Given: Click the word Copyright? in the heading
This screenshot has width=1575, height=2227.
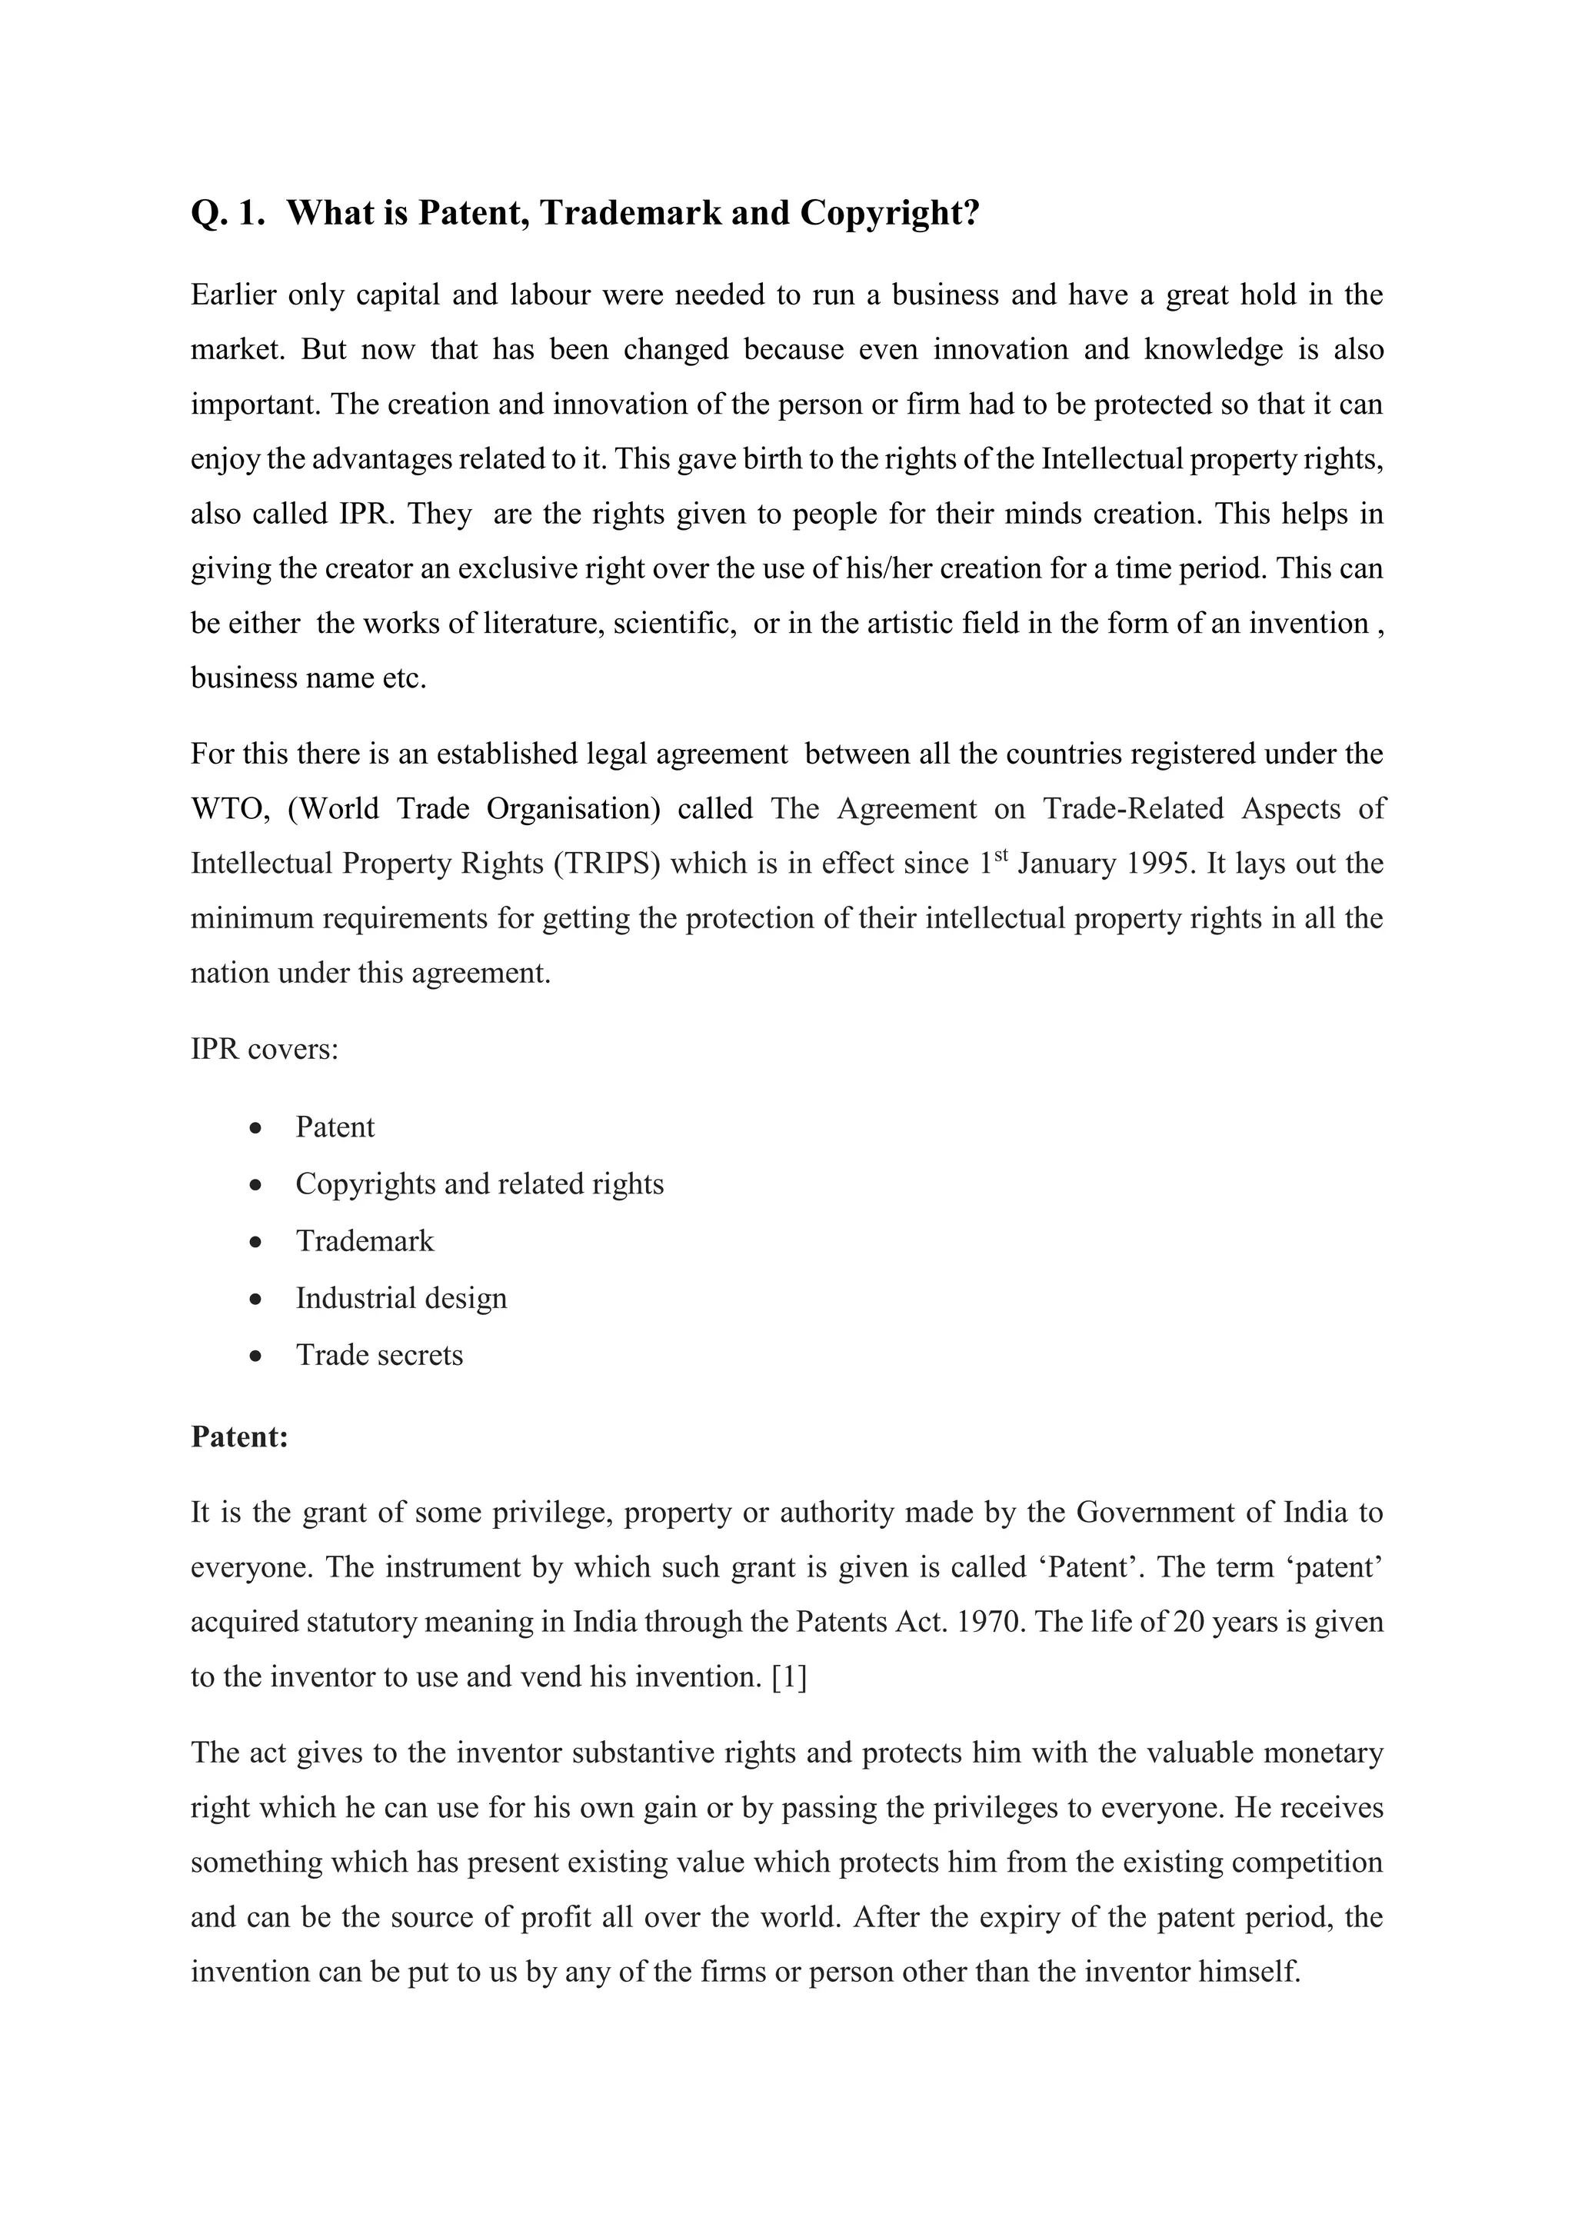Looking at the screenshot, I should tap(889, 213).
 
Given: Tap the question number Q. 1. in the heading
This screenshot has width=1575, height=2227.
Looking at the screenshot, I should tap(228, 213).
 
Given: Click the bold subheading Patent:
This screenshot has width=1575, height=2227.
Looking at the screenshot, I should tap(239, 1436).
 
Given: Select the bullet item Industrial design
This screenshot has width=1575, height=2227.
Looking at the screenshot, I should tap(401, 1298).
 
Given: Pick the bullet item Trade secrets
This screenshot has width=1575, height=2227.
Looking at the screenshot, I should tap(379, 1355).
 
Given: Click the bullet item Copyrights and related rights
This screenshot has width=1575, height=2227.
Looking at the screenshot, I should tap(479, 1184).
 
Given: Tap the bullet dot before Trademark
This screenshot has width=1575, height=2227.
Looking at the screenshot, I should tap(255, 1241).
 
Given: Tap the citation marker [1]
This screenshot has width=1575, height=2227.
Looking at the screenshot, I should tap(788, 1676).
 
